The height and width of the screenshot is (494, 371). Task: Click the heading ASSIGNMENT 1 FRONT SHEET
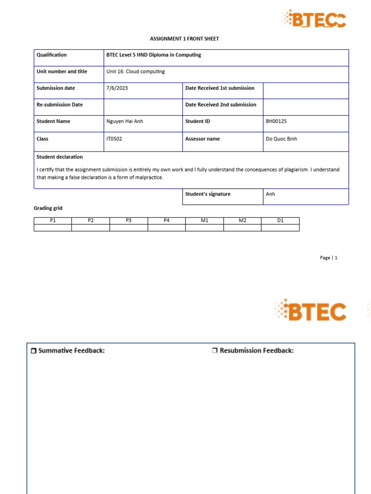tap(185, 39)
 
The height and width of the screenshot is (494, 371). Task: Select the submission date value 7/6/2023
tap(117, 88)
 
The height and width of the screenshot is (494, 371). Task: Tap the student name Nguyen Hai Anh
tap(125, 122)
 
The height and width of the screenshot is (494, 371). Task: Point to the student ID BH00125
tap(276, 122)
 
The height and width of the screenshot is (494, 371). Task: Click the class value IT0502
tap(114, 139)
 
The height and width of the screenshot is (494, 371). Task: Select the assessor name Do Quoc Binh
tap(282, 139)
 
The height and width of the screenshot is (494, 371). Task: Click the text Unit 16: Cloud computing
tap(135, 71)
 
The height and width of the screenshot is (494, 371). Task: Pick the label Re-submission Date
tap(59, 105)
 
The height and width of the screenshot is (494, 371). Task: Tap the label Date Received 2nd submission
tap(221, 105)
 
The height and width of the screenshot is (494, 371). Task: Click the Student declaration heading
tap(59, 157)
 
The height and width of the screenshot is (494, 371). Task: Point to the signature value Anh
tap(271, 194)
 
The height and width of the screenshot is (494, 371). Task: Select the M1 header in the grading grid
tap(204, 220)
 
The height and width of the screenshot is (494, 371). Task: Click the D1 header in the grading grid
tap(280, 220)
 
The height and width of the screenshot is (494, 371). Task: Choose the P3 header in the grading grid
tap(128, 220)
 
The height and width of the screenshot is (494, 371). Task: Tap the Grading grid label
tap(48, 208)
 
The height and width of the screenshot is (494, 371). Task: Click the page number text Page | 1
tap(328, 258)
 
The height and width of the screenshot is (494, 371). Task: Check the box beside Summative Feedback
tap(33, 351)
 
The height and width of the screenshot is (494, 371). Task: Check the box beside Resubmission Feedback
tap(215, 351)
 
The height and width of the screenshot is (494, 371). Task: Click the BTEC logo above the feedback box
tap(311, 311)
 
